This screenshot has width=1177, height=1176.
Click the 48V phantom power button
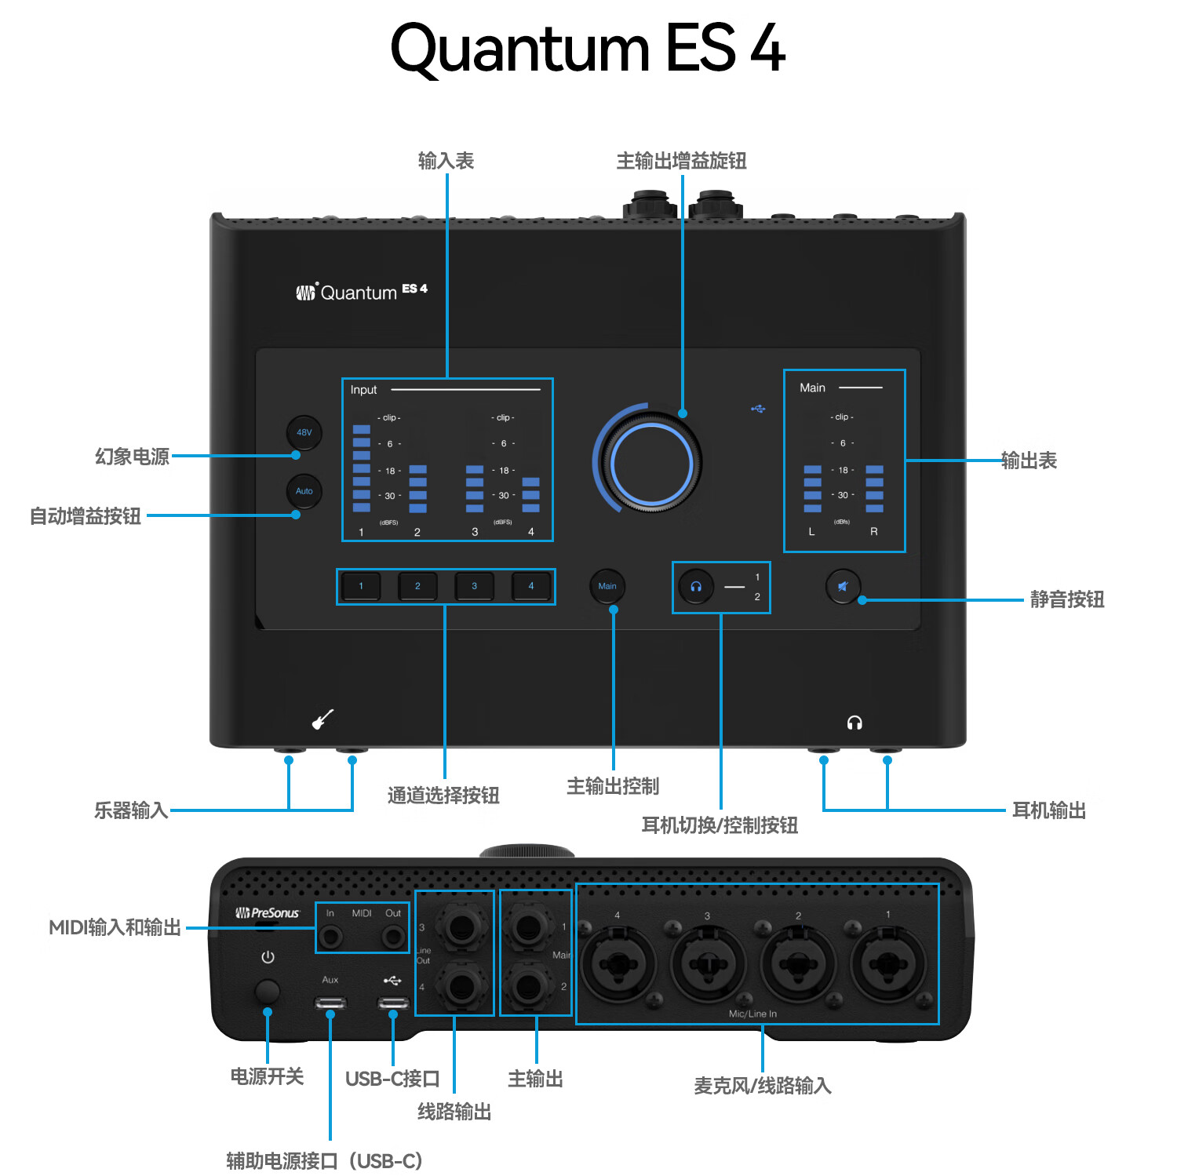coord(304,432)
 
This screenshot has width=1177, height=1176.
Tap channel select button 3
coord(474,586)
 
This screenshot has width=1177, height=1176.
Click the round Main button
coord(607,586)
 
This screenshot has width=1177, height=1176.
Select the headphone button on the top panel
coord(696,587)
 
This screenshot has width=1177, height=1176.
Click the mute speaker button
coord(843,586)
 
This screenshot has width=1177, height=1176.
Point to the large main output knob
coord(650,464)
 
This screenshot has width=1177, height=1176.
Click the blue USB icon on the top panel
coord(758,409)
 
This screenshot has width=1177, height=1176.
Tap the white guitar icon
coord(322,719)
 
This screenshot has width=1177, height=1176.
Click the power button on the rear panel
coord(268,992)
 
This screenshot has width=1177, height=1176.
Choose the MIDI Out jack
coord(392,937)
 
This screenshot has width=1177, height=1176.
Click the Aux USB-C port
coord(330,1003)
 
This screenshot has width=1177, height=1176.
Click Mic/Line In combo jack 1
coord(889,964)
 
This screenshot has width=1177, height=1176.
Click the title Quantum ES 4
coord(588,49)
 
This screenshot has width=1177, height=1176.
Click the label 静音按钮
coord(1066,600)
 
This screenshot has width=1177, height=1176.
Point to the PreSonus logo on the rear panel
coord(268,913)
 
